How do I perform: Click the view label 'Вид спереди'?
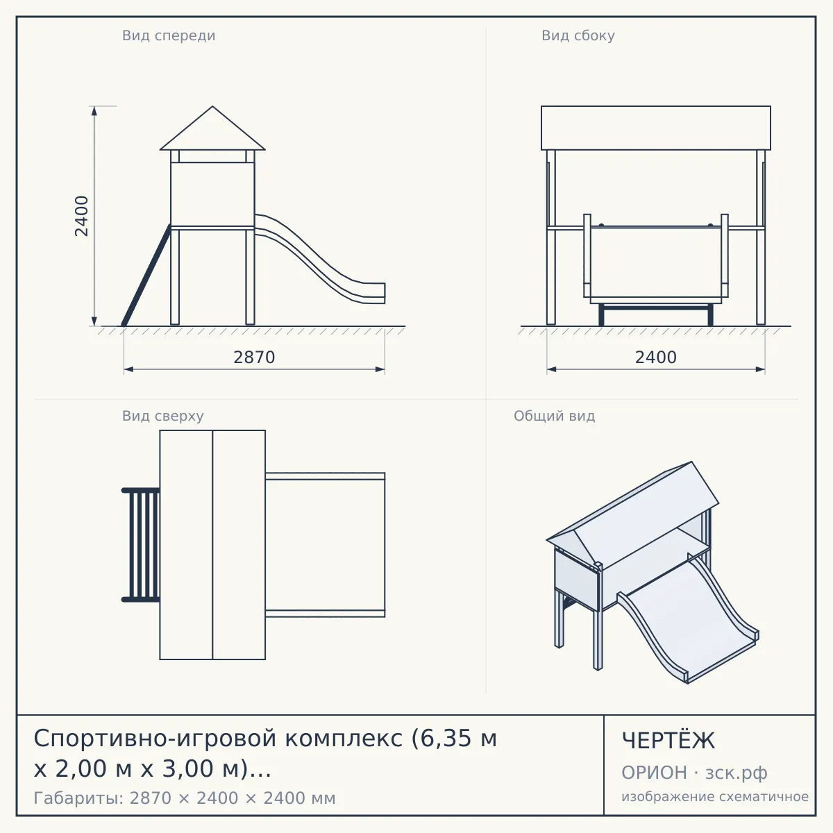(169, 35)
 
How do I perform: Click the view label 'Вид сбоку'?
(578, 35)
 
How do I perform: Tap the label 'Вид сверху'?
(162, 416)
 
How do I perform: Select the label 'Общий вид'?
(554, 416)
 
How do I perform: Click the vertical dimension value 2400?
(81, 216)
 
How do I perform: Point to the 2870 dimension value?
(254, 357)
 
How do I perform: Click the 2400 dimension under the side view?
(656, 357)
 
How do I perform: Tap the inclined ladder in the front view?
(146, 276)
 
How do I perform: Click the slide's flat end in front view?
(376, 293)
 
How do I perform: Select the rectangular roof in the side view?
(656, 128)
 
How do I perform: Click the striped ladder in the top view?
(141, 545)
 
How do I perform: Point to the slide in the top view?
(325, 545)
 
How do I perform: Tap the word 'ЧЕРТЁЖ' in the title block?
(668, 741)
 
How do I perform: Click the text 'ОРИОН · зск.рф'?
(694, 773)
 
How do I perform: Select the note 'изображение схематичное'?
(715, 797)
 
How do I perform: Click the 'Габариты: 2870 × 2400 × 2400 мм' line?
(185, 798)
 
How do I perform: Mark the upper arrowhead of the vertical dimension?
(94, 110)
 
